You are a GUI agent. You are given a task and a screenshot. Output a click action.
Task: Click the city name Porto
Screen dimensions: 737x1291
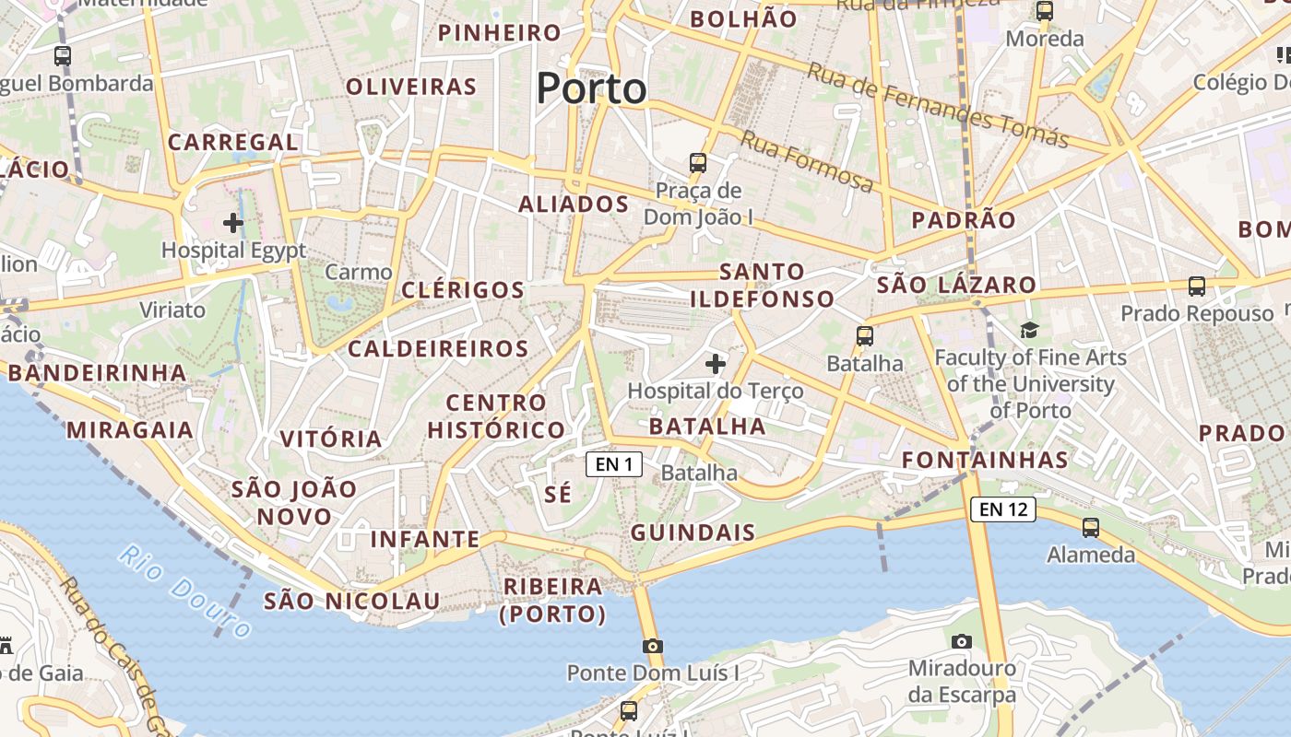click(x=591, y=88)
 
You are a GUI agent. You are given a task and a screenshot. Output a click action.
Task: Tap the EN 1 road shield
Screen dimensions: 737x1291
click(x=614, y=464)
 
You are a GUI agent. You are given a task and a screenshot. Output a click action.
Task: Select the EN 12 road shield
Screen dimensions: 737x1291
click(x=1002, y=509)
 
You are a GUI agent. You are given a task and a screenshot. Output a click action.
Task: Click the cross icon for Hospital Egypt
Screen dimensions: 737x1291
click(x=233, y=222)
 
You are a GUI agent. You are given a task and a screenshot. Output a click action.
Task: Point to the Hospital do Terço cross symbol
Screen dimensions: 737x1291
click(x=716, y=364)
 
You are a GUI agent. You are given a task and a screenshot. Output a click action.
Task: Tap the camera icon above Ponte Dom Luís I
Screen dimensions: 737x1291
click(x=653, y=646)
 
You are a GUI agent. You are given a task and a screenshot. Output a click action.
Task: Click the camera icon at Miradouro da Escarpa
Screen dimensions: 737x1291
click(x=961, y=641)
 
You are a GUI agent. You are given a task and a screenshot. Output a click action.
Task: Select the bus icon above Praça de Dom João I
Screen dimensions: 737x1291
click(x=698, y=163)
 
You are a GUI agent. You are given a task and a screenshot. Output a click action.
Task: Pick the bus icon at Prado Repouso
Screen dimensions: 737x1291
click(x=1196, y=286)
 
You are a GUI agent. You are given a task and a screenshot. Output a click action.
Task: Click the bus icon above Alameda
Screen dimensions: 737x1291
click(x=1091, y=528)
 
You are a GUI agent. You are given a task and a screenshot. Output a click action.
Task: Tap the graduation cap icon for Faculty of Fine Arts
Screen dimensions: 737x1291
click(x=1028, y=330)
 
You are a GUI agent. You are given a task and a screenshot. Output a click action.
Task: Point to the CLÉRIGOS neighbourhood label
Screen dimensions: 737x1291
click(x=463, y=289)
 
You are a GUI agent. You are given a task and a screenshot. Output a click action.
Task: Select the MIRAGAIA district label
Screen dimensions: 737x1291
click(x=130, y=429)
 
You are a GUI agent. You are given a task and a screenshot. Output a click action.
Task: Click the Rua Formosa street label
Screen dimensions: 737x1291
click(x=807, y=163)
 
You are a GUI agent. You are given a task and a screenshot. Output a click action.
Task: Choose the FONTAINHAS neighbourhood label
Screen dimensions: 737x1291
click(x=985, y=460)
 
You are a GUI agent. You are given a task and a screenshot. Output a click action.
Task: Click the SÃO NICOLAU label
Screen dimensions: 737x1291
click(x=351, y=601)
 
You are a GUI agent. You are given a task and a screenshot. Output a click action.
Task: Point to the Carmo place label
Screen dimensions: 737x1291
click(x=359, y=272)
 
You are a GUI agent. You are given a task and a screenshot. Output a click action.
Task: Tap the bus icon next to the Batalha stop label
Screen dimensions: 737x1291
click(x=864, y=336)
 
